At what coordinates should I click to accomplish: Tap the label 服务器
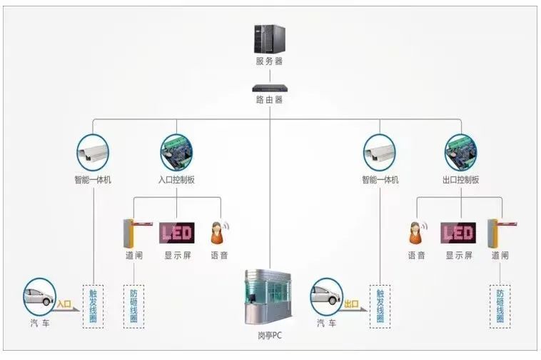(269, 61)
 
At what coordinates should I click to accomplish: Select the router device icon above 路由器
(269, 89)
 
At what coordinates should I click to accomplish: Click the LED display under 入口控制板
(177, 232)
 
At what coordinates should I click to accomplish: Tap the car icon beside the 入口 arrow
(40, 297)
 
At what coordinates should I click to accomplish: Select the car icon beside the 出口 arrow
(328, 297)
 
